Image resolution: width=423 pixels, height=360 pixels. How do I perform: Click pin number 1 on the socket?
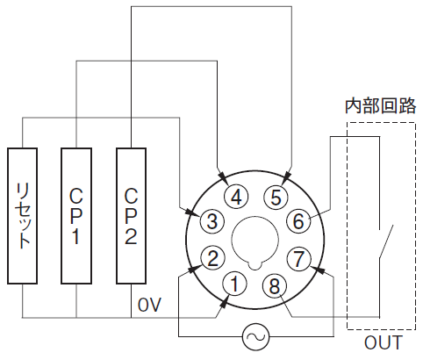tap(234, 284)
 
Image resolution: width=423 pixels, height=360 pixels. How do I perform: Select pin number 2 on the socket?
tap(212, 258)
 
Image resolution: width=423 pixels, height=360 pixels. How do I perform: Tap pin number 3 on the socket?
tap(211, 220)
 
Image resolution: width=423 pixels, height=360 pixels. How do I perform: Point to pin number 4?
tap(236, 197)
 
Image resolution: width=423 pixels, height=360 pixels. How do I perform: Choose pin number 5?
tap(276, 197)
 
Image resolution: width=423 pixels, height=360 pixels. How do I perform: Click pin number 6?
tap(298, 220)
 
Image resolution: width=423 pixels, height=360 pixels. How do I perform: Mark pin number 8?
tap(275, 286)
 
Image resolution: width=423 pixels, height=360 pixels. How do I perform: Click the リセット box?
tap(23, 216)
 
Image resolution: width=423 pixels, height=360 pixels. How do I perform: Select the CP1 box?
tap(76, 216)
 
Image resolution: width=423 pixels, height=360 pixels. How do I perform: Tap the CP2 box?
tap(131, 216)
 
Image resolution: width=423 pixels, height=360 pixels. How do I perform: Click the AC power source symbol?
tap(256, 336)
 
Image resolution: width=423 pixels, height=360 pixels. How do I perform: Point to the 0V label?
tap(149, 306)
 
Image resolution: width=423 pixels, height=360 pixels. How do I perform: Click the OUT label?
tap(384, 342)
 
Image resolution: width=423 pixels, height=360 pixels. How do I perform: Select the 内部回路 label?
tap(380, 105)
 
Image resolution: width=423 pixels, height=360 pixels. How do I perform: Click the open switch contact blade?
tap(386, 241)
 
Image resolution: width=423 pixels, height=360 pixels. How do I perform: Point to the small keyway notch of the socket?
tap(255, 264)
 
